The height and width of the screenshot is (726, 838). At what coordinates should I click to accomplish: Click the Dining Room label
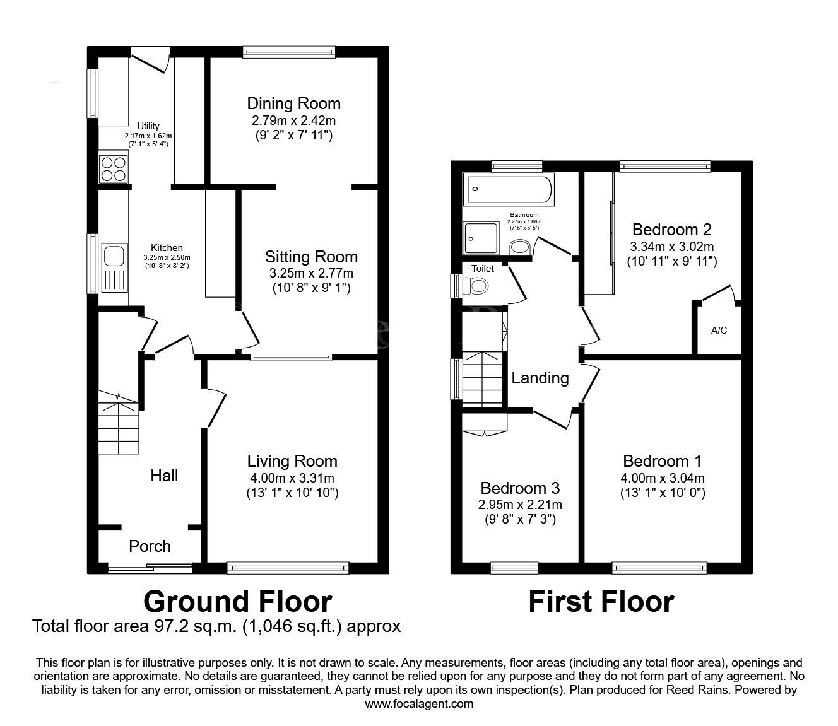click(x=293, y=103)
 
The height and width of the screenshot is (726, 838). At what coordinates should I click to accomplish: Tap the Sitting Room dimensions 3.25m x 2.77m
click(x=311, y=273)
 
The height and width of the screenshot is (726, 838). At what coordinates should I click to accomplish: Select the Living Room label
click(x=292, y=461)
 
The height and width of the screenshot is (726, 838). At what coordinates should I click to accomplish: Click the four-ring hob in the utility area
click(x=114, y=168)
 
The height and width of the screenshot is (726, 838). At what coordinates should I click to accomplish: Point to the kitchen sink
click(x=114, y=257)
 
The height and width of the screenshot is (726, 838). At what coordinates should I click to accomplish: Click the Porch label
click(x=150, y=546)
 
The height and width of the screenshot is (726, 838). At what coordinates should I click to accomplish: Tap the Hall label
click(x=164, y=476)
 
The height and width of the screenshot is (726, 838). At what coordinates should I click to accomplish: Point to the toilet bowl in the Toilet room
click(x=479, y=287)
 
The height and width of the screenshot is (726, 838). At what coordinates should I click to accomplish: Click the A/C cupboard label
click(x=719, y=331)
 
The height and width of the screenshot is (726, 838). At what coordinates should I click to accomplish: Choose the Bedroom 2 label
click(x=672, y=229)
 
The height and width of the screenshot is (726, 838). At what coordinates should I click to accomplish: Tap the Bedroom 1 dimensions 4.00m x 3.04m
click(x=662, y=477)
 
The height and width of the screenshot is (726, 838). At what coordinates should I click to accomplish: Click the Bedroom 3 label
click(x=520, y=488)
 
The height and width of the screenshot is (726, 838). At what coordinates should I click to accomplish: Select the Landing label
click(x=540, y=378)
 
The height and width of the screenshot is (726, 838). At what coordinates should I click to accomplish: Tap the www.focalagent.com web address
click(x=419, y=704)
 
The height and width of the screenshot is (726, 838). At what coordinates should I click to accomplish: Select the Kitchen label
click(x=167, y=248)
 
